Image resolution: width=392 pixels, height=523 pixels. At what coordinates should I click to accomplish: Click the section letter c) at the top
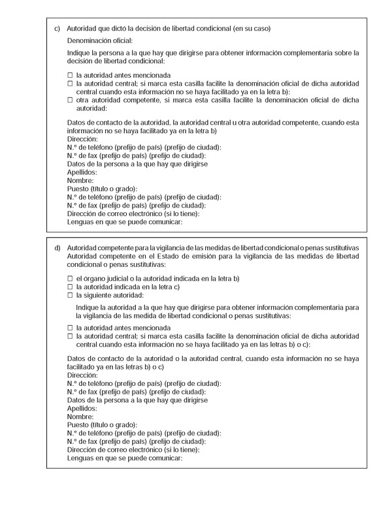57,29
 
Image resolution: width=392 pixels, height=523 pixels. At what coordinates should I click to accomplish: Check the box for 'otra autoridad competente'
71,101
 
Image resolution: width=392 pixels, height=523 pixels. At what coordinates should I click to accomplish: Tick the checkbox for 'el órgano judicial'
71,278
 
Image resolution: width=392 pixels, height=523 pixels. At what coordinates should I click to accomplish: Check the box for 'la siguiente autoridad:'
71,294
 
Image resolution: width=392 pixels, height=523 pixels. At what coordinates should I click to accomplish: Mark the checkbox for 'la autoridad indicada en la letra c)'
71,287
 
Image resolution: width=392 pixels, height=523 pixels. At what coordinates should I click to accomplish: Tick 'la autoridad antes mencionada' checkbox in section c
71,75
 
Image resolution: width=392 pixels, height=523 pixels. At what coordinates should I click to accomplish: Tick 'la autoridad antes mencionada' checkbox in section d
71,327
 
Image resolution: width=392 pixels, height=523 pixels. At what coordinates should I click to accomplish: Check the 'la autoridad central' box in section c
71,84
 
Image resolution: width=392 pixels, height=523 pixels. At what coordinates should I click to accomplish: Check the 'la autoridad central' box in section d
71,336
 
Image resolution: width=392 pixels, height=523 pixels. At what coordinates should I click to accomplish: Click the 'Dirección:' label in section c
82,139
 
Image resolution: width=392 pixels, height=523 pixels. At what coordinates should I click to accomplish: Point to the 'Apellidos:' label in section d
83,408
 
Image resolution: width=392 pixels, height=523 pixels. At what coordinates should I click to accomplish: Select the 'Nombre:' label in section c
80,180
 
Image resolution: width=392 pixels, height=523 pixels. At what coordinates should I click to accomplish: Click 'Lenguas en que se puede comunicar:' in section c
124,221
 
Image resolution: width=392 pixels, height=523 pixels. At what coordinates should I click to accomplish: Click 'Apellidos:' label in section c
83,172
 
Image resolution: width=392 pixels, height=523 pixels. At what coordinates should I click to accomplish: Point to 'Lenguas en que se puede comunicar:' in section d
124,458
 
